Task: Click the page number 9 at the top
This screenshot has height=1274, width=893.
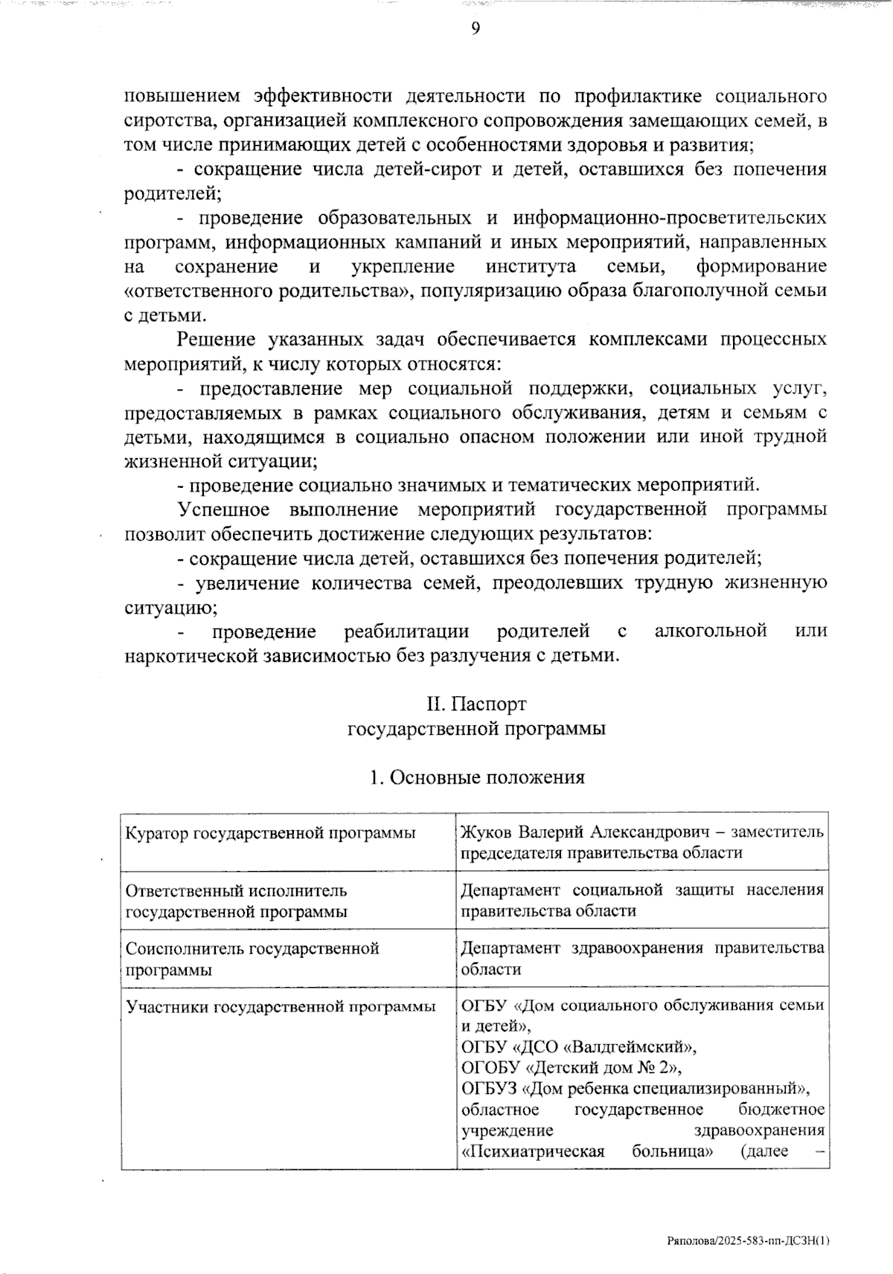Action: click(475, 28)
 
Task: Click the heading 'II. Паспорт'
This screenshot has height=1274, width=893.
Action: click(476, 704)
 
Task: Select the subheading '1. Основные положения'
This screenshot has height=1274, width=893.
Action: click(477, 777)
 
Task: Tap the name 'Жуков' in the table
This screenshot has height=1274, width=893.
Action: click(487, 831)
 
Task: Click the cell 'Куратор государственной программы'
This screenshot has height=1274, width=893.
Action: click(271, 833)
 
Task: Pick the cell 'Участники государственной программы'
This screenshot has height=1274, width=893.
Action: click(281, 1007)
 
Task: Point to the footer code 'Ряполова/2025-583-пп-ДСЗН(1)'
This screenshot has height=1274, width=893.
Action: click(747, 1241)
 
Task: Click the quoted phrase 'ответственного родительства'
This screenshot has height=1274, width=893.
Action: click(269, 291)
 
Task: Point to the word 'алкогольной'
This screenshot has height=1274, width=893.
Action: click(711, 631)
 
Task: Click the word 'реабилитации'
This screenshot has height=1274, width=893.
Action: click(406, 631)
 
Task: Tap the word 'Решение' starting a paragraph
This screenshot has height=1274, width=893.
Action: click(216, 340)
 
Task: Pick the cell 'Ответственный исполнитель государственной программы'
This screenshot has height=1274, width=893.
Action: click(237, 901)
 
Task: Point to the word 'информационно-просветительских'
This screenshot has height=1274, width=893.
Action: click(669, 218)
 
